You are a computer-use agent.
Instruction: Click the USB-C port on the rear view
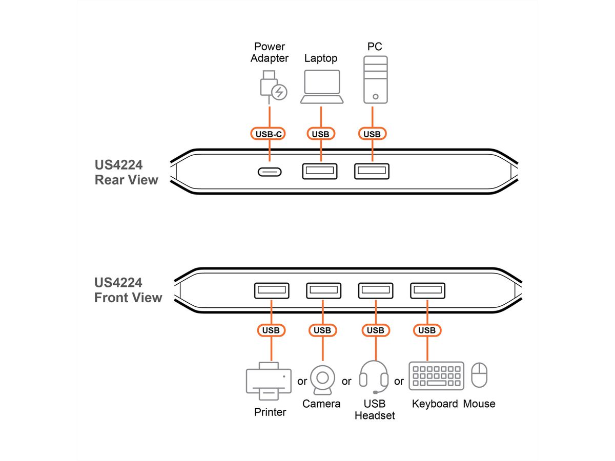pos(269,171)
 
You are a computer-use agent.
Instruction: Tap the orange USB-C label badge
pos(269,134)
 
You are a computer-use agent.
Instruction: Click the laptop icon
pos(321,87)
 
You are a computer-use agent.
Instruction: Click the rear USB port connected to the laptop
pos(320,171)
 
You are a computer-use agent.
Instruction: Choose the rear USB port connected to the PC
pos(372,171)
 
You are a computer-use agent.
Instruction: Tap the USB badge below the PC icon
pos(372,134)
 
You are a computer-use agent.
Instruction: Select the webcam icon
pos(322,380)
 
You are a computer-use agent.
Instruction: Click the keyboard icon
pos(436,375)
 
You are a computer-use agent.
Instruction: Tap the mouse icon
pos(479,375)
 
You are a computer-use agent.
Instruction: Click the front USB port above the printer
pos(271,290)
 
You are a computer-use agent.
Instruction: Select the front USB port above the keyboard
pos(427,290)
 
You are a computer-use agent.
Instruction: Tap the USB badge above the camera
pos(322,330)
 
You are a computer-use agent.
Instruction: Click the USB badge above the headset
pos(375,330)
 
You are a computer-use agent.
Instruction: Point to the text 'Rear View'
pos(126,180)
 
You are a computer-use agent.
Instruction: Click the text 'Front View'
pos(128,298)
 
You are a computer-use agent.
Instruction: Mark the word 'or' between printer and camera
pos(302,381)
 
